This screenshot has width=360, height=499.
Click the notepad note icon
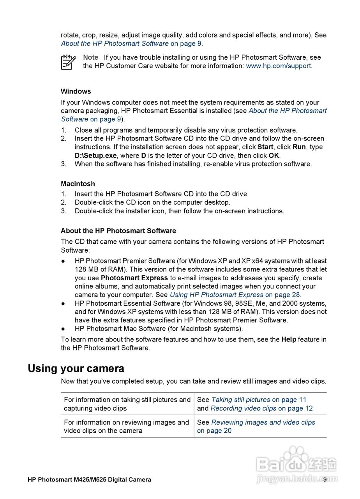(x=69, y=62)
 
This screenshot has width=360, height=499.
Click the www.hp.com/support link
(x=278, y=66)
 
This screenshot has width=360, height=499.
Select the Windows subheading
(x=76, y=91)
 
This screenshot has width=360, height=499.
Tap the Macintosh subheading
(x=78, y=184)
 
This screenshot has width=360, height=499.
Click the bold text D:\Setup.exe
(x=96, y=156)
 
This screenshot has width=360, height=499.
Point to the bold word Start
(x=265, y=147)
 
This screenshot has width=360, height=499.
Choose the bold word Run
(x=299, y=147)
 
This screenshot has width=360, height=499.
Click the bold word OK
(x=274, y=156)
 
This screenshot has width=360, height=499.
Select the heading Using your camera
(x=76, y=368)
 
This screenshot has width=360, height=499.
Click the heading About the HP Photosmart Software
(x=118, y=231)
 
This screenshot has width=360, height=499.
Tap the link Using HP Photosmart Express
(x=216, y=295)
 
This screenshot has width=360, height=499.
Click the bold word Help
(x=289, y=339)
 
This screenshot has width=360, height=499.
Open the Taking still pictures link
(x=240, y=400)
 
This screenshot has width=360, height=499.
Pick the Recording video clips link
(x=243, y=408)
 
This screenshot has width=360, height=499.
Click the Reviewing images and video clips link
(x=263, y=422)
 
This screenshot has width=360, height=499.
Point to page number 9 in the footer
(x=325, y=480)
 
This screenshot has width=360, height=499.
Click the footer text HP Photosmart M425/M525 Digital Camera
(x=89, y=480)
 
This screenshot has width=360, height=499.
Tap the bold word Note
(x=90, y=57)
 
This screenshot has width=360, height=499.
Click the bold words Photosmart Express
(x=134, y=278)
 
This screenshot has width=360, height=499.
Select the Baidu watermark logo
(x=296, y=464)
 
